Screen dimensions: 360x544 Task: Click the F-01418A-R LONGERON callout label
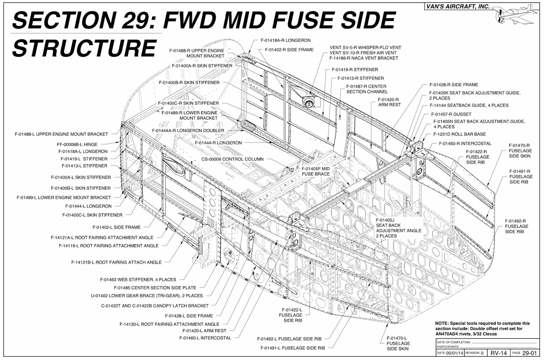coord(285,40)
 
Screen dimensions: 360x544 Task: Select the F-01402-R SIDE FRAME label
coord(289,50)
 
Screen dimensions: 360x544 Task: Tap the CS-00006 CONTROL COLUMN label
coord(232,159)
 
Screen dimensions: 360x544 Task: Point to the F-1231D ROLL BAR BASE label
coord(459,134)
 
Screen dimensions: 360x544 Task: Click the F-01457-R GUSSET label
coord(451,114)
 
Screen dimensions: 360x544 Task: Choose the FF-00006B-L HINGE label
coord(77,144)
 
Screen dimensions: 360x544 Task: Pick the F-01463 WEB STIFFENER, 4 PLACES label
coord(138,280)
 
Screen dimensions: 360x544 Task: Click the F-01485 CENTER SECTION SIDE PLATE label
coord(155,288)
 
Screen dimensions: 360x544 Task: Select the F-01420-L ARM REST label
coord(204,330)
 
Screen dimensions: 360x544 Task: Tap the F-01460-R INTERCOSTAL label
coord(465,143)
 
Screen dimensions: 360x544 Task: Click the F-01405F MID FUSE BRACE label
coord(316,171)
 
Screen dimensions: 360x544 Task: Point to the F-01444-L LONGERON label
coord(88,206)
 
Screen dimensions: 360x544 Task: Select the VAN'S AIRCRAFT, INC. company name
coord(458,6)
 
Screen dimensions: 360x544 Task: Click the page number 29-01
coord(529,353)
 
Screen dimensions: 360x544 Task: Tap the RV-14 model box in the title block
coord(499,353)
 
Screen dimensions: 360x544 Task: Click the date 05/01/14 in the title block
coord(455,353)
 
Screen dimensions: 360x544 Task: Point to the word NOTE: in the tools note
coord(442,323)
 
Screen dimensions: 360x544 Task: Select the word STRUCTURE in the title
coord(84,48)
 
